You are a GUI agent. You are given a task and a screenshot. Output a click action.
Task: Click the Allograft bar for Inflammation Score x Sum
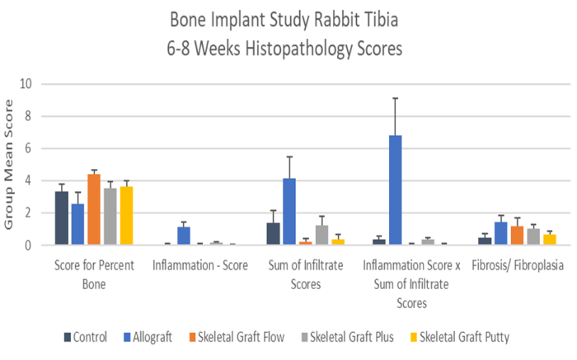click(395, 190)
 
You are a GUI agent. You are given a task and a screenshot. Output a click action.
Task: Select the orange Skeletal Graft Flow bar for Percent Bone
click(94, 209)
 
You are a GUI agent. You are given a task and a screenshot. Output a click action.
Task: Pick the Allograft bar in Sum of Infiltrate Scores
click(288, 212)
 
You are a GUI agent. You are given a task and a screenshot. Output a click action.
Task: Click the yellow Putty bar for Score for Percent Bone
click(126, 216)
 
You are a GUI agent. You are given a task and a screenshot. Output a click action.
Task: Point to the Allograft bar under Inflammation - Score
click(184, 236)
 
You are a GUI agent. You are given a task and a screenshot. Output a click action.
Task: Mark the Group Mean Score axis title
click(10, 164)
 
